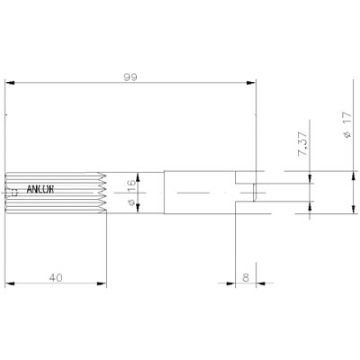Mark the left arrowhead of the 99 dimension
click(x=9, y=82)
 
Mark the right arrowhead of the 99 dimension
click(x=254, y=82)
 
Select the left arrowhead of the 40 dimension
click(x=9, y=287)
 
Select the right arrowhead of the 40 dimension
click(x=103, y=287)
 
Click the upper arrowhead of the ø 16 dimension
click(x=139, y=174)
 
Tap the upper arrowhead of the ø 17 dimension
click(x=352, y=172)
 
